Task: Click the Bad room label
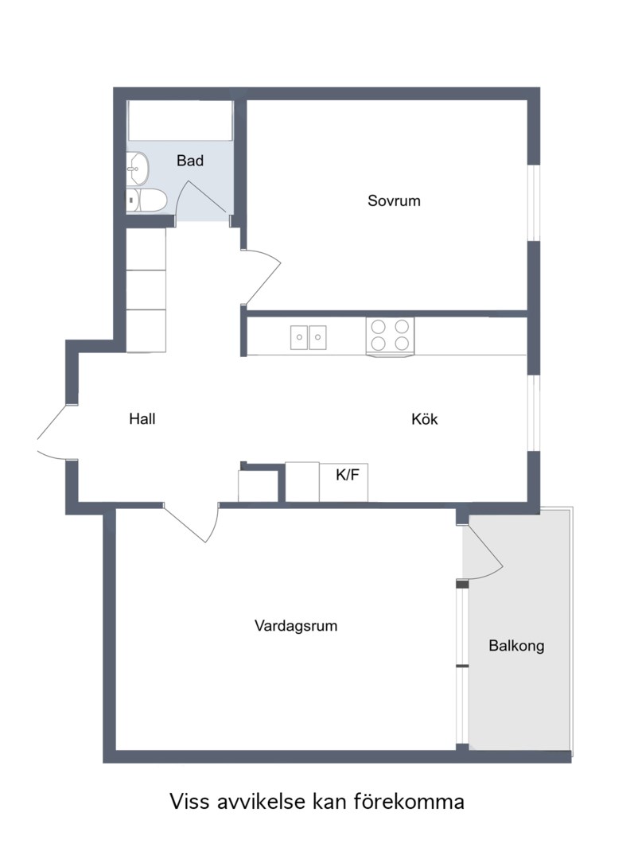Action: [190, 161]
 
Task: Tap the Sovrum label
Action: [394, 201]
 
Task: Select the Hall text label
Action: [142, 419]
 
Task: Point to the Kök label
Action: [425, 419]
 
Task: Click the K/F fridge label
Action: [347, 476]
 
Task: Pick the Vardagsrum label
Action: [296, 626]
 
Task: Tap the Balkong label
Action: [516, 646]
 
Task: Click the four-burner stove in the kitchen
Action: [391, 335]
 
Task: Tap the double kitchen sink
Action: [308, 337]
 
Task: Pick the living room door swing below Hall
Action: [195, 523]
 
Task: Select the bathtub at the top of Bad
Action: [181, 120]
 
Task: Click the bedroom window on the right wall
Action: [535, 202]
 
